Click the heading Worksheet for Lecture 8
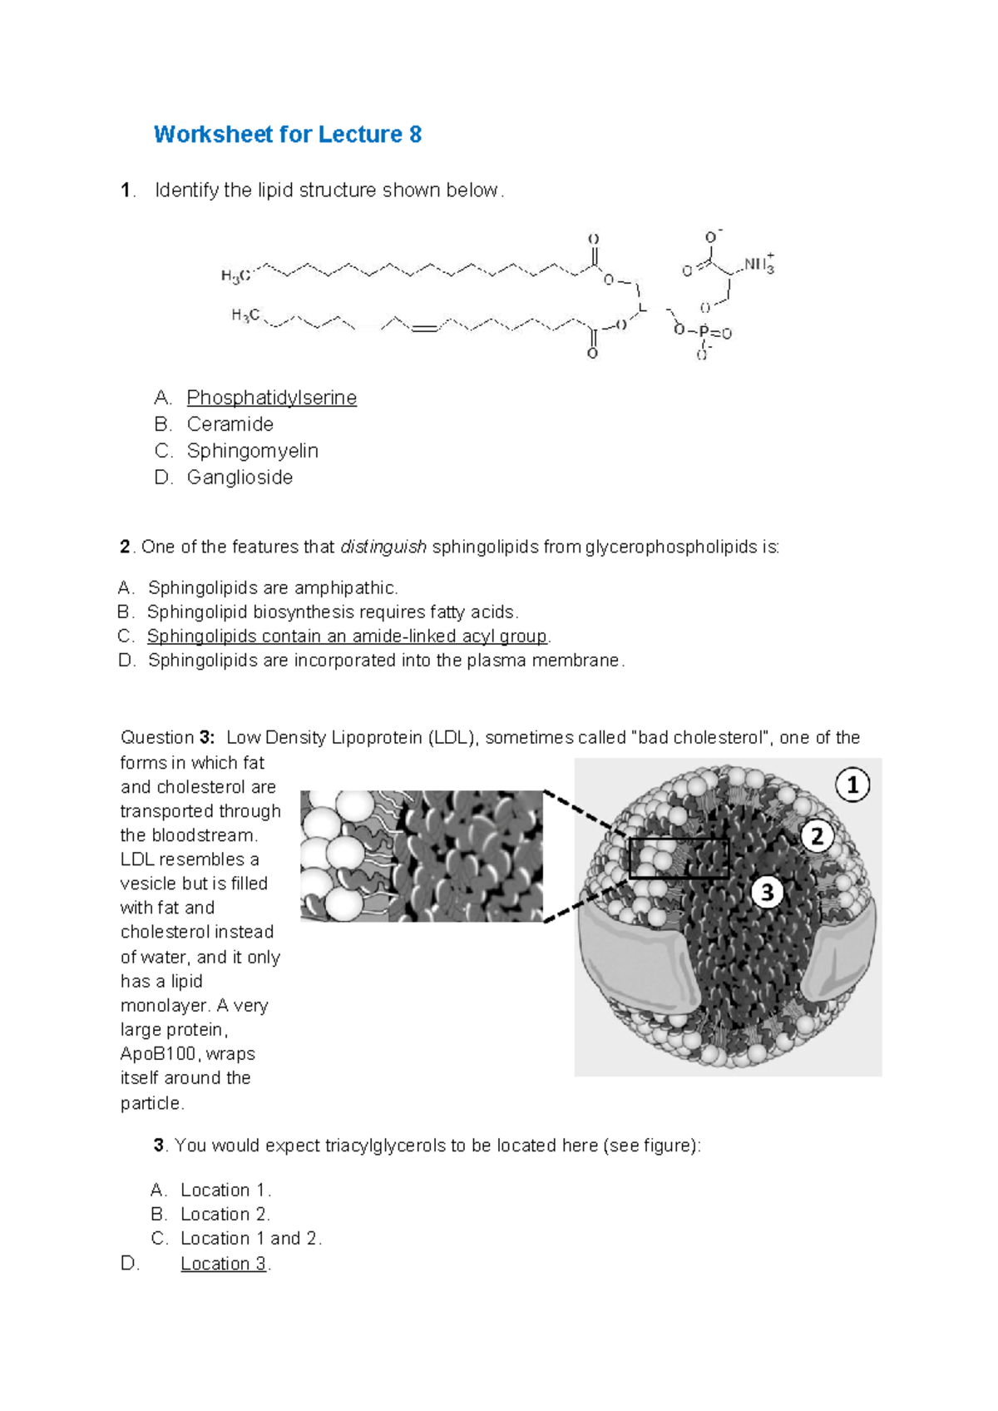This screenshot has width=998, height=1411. coord(287,135)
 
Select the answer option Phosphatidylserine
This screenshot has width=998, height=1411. coord(271,398)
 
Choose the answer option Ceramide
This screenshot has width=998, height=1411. coord(230,424)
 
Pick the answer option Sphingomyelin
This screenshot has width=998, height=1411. coord(252,451)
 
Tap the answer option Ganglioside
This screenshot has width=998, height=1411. coord(240,478)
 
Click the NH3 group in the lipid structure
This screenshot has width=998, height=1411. coord(758,265)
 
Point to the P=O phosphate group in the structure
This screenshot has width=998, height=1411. coord(714,333)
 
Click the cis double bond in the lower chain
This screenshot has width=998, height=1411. coord(424,328)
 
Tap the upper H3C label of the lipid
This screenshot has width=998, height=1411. coord(235,275)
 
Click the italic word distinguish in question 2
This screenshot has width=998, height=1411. coord(383,547)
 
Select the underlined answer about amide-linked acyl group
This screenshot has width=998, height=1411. coord(347,636)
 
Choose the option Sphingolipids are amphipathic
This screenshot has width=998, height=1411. coord(273,588)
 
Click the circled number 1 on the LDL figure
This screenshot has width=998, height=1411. coord(852,785)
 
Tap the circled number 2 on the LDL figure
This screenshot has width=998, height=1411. coord(817,836)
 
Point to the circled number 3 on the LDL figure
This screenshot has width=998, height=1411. coord(767,893)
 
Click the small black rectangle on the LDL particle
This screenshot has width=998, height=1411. coord(679,859)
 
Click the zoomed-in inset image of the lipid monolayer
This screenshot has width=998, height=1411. coord(422,856)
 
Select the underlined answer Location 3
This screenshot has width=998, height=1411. coord(223,1264)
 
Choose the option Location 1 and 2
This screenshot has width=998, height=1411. coord(249,1239)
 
